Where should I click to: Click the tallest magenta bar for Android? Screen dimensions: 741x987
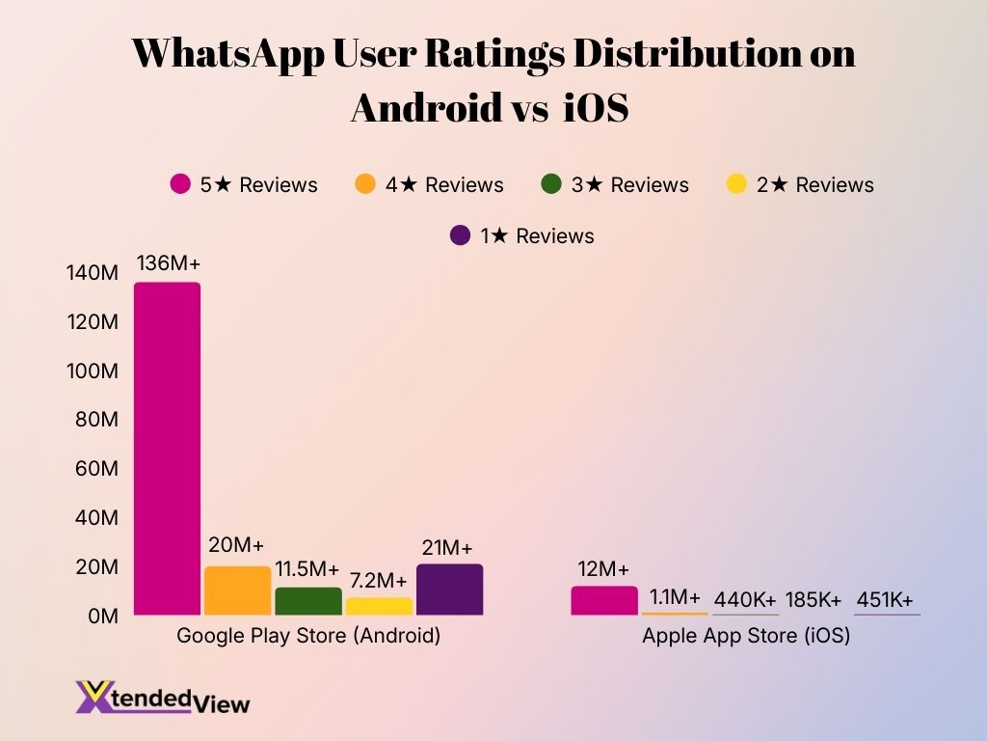(x=167, y=449)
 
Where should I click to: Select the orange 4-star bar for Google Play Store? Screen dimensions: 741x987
(x=238, y=590)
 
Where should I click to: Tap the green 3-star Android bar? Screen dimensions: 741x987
(x=308, y=601)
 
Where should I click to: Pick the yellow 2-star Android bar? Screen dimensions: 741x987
(x=379, y=606)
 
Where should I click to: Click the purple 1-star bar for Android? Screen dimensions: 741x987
(x=449, y=590)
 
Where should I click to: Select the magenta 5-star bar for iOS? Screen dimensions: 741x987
(x=604, y=600)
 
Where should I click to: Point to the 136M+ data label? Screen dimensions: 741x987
(x=168, y=263)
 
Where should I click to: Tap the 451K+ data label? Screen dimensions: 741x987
(x=886, y=599)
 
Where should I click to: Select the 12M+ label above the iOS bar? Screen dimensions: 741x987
(x=604, y=568)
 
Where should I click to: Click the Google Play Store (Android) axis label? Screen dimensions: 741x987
(x=308, y=637)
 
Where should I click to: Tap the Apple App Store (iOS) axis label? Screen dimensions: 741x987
(x=746, y=637)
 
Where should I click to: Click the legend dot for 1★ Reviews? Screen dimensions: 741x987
(x=461, y=235)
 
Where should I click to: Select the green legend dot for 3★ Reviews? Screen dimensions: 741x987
(x=551, y=184)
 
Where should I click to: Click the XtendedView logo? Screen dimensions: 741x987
(x=163, y=698)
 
